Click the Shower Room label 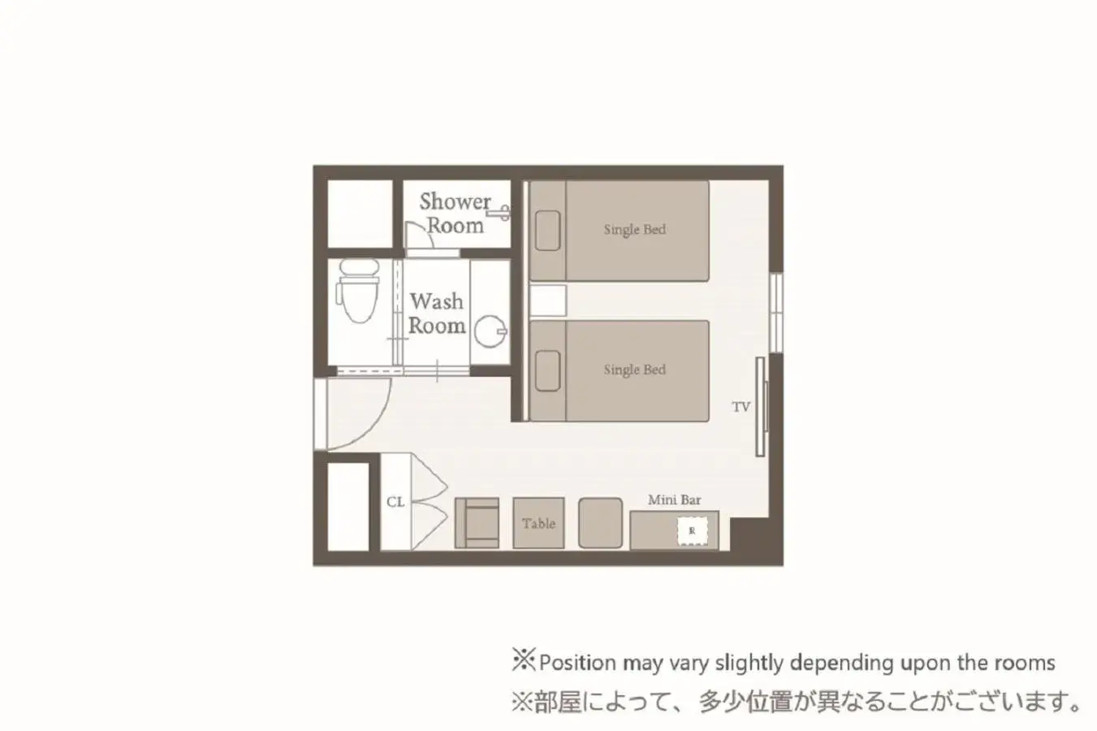pos(455,213)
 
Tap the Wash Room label pos(437,314)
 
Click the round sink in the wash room pos(490,331)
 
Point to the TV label pos(741,407)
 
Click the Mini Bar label pos(674,500)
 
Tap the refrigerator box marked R pos(692,531)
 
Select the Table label pos(538,524)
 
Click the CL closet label pos(395,502)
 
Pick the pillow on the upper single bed pos(547,230)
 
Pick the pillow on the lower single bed pos(547,370)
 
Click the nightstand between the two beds pos(548,301)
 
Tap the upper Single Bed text pos(634,230)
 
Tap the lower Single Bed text pos(634,370)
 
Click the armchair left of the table pos(477,523)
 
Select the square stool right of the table pos(600,523)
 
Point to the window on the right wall pos(776,305)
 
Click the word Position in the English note pos(577,663)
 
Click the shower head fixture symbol pos(503,213)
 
